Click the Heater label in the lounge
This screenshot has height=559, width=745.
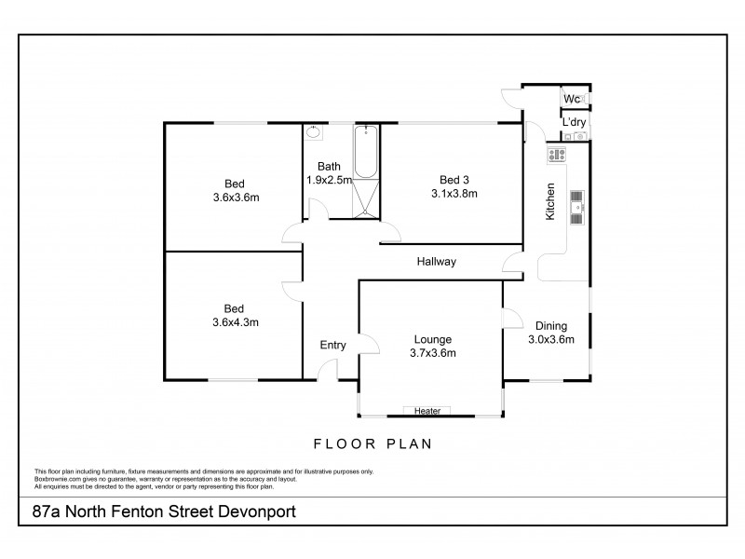(x=427, y=411)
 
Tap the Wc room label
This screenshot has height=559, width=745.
(x=572, y=99)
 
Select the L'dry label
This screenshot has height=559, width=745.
(x=573, y=122)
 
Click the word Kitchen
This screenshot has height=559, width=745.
(x=550, y=201)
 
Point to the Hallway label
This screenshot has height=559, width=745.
(x=436, y=262)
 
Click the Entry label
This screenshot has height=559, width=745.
(x=333, y=346)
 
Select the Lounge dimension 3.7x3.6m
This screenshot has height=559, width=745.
(x=432, y=353)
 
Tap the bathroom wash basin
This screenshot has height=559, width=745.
(x=313, y=133)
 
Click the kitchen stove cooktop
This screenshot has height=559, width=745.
(x=558, y=155)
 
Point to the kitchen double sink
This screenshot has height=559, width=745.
(x=577, y=208)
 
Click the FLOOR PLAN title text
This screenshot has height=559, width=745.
(x=372, y=443)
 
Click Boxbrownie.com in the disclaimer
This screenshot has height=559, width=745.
(x=56, y=477)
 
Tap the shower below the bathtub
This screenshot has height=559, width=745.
(x=366, y=198)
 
